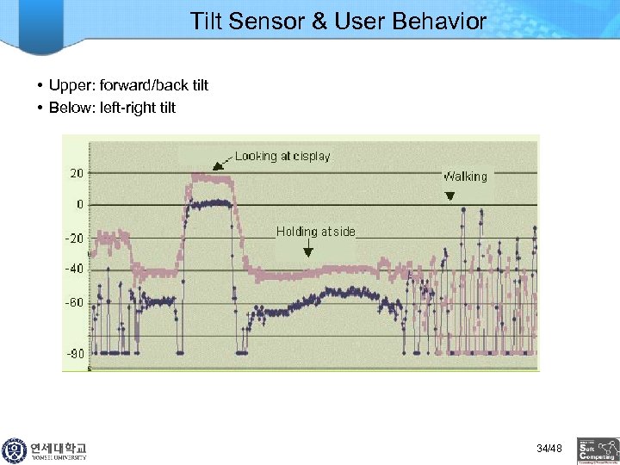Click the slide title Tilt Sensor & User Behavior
(338, 21)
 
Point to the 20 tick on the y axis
(77, 172)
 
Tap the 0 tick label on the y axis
(80, 205)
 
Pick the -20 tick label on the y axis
(75, 238)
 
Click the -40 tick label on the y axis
(75, 269)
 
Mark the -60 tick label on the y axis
(75, 302)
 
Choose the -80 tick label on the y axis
(75, 353)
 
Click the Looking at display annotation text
(282, 156)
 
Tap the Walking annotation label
(465, 177)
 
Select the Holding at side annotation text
(315, 232)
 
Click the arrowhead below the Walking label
(449, 196)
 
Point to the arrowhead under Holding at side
(308, 252)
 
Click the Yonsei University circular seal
(15, 450)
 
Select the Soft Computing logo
(598, 450)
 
